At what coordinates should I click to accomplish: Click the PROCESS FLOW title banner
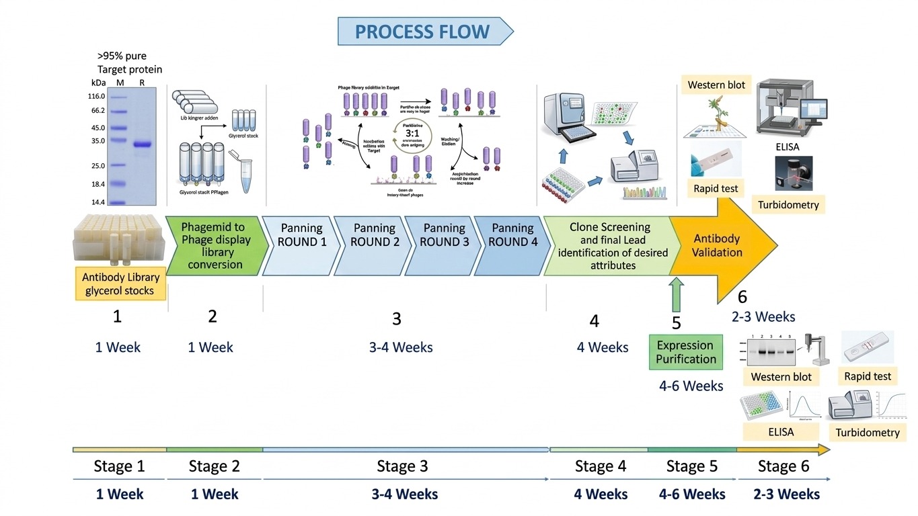[x=424, y=32]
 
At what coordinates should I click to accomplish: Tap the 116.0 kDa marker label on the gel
[x=96, y=96]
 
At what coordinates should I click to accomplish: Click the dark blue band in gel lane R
[x=142, y=144]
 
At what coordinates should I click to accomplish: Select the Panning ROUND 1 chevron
[x=301, y=235]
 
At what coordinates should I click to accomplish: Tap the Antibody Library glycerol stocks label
[x=121, y=284]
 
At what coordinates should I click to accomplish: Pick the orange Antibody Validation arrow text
[x=718, y=246]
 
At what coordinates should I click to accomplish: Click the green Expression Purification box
[x=686, y=352]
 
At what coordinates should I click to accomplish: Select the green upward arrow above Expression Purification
[x=676, y=296]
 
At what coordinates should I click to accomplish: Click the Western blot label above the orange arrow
[x=716, y=85]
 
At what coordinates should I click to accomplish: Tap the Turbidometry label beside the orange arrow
[x=788, y=205]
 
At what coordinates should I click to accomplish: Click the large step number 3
[x=397, y=318]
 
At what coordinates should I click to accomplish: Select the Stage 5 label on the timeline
[x=692, y=466]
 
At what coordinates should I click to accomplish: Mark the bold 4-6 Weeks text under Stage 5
[x=692, y=494]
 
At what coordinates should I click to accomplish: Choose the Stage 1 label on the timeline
[x=119, y=466]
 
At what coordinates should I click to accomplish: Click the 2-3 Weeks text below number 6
[x=763, y=316]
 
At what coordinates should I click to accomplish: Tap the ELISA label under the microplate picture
[x=781, y=432]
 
